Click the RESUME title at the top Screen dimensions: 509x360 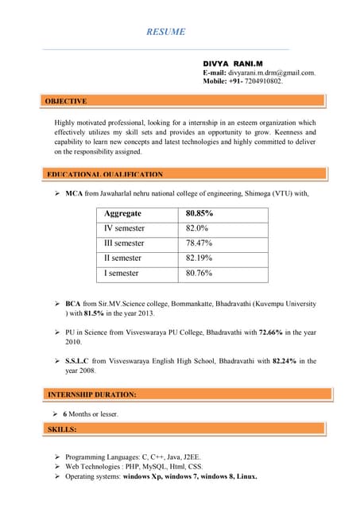(x=166, y=32)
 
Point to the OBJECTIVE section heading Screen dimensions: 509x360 (x=66, y=102)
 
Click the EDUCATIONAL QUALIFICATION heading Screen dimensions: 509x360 (x=105, y=174)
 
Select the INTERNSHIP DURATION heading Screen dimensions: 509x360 (x=91, y=394)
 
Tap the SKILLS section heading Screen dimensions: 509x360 (x=62, y=429)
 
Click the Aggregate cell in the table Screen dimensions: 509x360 (x=122, y=214)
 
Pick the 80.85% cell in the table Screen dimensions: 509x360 (x=199, y=214)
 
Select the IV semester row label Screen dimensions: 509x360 (x=125, y=228)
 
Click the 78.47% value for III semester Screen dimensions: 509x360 (x=199, y=243)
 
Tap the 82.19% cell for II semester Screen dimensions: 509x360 (x=199, y=258)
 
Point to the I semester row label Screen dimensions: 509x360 (x=122, y=274)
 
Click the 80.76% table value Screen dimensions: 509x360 (x=199, y=274)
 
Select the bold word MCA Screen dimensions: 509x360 (x=74, y=193)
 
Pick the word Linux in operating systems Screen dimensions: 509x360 (x=246, y=476)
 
